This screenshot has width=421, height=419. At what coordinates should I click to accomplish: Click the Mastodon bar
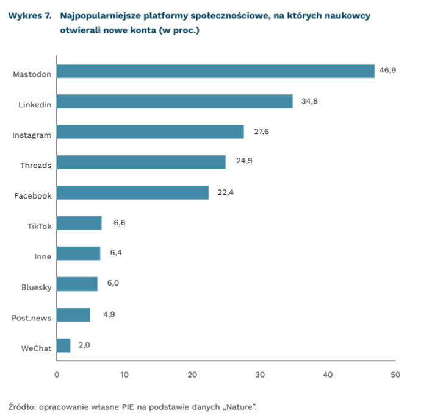[215, 71]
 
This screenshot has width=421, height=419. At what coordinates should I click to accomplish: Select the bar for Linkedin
[175, 102]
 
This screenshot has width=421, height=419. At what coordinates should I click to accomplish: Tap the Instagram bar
[150, 132]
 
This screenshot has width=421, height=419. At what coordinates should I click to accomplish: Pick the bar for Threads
[141, 163]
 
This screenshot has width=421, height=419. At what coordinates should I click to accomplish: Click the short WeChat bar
[63, 346]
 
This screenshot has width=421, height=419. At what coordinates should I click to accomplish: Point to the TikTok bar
[79, 224]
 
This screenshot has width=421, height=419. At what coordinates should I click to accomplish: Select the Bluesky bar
[77, 284]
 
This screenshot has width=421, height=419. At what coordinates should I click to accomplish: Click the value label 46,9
[387, 71]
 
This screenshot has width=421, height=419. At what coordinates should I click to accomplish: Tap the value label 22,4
[225, 192]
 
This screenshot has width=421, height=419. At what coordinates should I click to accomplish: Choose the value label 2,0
[84, 345]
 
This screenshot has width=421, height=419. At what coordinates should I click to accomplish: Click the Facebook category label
[33, 195]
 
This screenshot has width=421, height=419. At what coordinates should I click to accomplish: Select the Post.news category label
[32, 317]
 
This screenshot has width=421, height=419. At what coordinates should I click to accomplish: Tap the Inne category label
[43, 256]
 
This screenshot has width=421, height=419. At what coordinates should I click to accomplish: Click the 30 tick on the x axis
[260, 375]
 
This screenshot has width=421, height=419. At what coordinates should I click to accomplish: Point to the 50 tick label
[395, 375]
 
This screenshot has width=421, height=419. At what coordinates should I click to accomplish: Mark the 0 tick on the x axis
[57, 375]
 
